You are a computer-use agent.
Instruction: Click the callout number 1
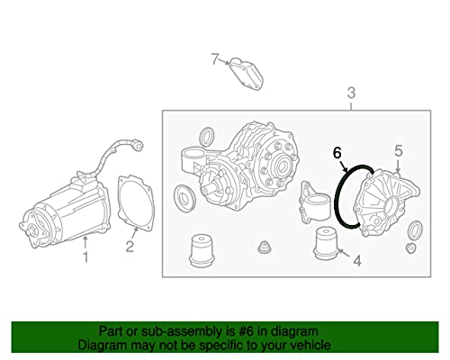pos(85,257)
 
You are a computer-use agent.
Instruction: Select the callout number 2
pos(130,247)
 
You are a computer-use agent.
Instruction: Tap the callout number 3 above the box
pos(351,93)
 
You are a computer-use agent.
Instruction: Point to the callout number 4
pos(357,261)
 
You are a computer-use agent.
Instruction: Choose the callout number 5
pos(398,151)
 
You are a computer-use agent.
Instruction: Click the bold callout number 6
pos(337,153)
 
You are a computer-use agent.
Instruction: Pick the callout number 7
pos(214,58)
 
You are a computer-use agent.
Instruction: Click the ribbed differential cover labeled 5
pos(387,204)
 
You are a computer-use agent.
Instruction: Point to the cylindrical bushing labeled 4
pos(326,243)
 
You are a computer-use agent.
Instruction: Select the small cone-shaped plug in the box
pos(265,247)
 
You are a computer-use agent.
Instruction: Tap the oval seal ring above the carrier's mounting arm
pos(207,137)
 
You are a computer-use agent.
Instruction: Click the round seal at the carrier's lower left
pos(184,197)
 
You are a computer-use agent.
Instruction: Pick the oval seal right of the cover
pos(416,229)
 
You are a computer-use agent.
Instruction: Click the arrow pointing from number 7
pos(223,61)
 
